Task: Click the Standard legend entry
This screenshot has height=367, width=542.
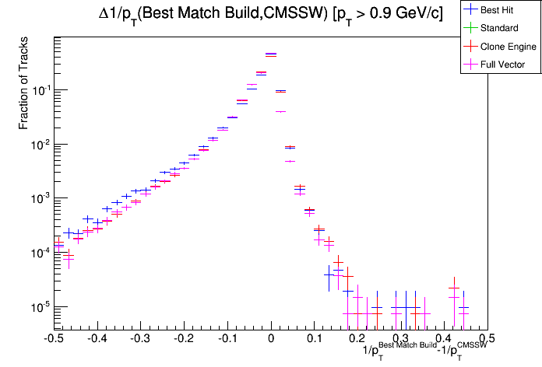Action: (x=505, y=28)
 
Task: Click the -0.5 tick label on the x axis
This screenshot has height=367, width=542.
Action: (x=53, y=339)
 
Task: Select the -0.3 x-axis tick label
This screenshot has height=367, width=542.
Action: (x=140, y=339)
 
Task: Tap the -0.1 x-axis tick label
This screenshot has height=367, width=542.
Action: (x=227, y=339)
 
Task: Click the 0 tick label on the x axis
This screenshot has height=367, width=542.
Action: (x=271, y=339)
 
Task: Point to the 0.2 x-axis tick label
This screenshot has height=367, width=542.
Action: (x=357, y=339)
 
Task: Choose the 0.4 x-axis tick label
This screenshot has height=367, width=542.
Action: (x=444, y=339)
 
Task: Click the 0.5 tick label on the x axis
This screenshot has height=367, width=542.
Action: (x=487, y=339)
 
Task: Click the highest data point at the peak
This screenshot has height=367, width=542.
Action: (x=271, y=54)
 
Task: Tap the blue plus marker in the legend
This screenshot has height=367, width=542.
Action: (x=470, y=10)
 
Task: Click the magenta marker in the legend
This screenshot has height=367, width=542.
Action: (x=470, y=65)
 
